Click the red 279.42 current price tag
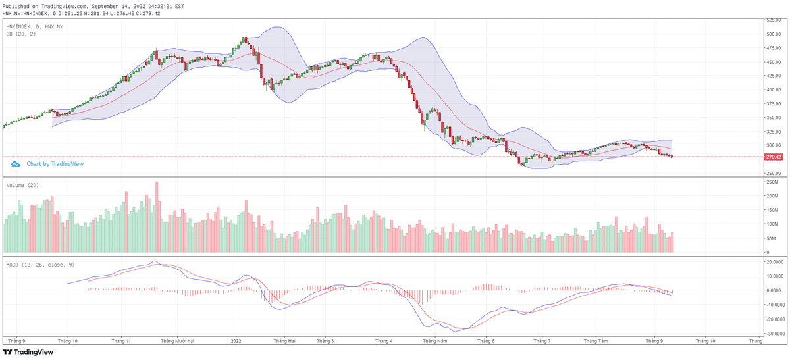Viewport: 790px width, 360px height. [773, 157]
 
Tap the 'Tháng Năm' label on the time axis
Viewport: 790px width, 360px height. [434, 341]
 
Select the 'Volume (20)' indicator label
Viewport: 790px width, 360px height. [22, 185]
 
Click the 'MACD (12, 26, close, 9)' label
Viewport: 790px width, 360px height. [40, 264]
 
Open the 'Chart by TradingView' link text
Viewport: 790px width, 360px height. [55, 163]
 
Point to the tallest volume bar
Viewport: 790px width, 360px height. [157, 217]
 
